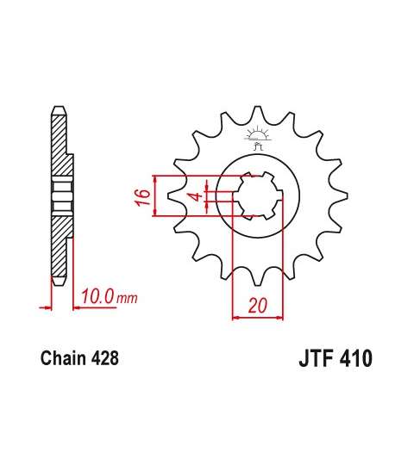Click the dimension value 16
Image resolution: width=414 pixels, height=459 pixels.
[x=143, y=196]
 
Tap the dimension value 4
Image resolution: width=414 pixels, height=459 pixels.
[x=198, y=196]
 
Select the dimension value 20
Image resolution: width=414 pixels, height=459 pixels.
[x=258, y=305]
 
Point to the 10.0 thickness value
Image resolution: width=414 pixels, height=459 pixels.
[x=97, y=296]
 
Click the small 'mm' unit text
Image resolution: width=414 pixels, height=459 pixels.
[x=127, y=299]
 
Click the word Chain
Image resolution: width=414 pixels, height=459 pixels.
[x=63, y=358]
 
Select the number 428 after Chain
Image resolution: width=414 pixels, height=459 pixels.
[x=104, y=358]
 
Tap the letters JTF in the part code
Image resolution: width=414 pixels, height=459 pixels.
[x=316, y=358]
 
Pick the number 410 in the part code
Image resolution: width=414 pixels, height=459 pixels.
[x=355, y=358]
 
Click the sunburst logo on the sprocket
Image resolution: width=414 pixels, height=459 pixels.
[x=257, y=137]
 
